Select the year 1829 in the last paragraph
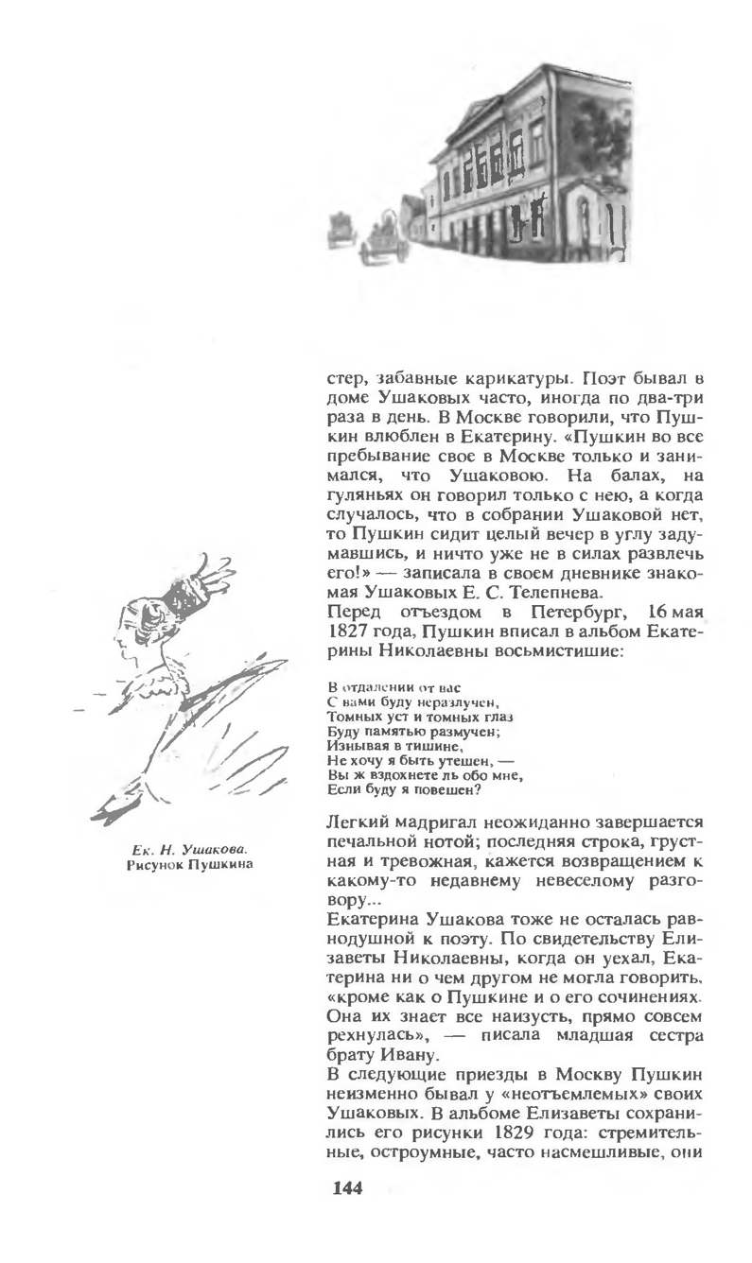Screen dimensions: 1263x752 pyautogui.click(x=514, y=1133)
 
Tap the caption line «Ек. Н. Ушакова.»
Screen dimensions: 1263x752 pyautogui.click(x=190, y=849)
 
